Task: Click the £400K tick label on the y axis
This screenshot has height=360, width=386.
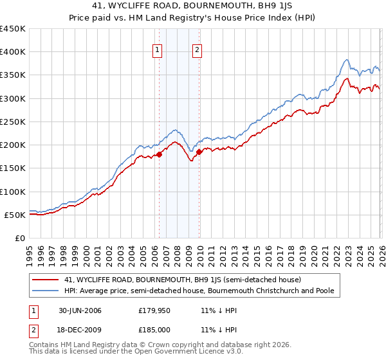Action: click(x=13, y=52)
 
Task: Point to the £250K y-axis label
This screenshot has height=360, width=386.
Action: click(x=13, y=122)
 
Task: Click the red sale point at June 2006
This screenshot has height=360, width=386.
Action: click(x=159, y=154)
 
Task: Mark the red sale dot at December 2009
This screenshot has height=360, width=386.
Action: click(x=199, y=152)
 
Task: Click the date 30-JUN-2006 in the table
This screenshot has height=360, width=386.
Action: click(x=79, y=310)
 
